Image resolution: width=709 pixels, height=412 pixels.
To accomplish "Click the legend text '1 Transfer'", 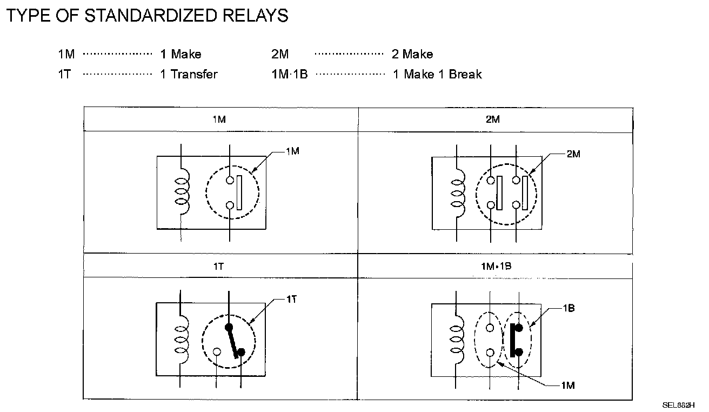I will [x=189, y=75].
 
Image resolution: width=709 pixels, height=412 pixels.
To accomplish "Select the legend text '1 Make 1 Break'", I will [x=437, y=75].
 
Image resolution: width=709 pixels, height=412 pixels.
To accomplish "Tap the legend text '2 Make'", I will [x=412, y=54].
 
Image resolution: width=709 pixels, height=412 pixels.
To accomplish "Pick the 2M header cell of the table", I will [x=493, y=119].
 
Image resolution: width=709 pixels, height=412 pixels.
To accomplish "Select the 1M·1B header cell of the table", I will [x=493, y=266].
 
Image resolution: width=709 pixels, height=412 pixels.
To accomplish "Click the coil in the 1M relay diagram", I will [x=183, y=192].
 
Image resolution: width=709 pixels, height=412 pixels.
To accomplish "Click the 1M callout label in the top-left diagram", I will [x=292, y=151].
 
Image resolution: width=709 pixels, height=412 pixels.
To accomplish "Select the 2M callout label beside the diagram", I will [x=573, y=154].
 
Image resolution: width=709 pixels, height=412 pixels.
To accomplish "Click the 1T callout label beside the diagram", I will [x=291, y=299].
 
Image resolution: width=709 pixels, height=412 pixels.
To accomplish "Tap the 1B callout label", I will [x=568, y=308].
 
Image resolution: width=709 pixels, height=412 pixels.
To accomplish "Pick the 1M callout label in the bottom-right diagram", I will [x=568, y=386].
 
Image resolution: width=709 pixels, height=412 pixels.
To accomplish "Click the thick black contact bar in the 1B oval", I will [x=511, y=340].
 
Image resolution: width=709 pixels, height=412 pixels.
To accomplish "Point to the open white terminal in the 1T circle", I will [x=217, y=352].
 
